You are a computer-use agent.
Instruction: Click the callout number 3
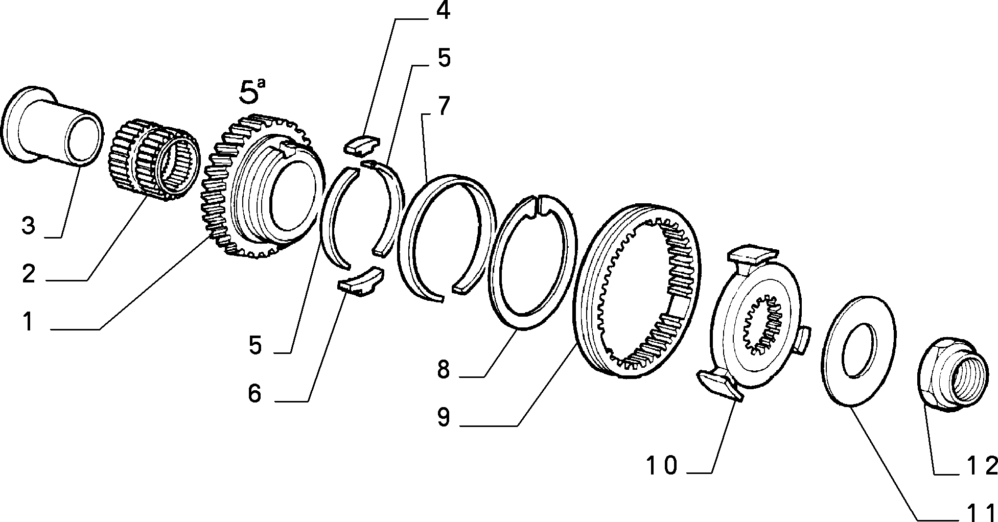[28, 225]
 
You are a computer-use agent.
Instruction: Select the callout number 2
[29, 274]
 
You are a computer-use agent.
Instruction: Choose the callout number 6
[254, 393]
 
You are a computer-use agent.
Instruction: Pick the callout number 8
[443, 369]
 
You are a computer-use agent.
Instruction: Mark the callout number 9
[443, 417]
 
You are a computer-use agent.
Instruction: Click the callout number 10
[662, 465]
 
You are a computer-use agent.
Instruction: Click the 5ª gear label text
[253, 92]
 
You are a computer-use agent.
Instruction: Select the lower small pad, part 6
[361, 282]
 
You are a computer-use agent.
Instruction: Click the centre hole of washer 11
[858, 350]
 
